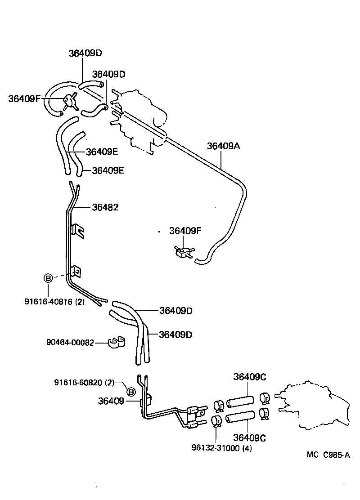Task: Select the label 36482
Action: (x=105, y=207)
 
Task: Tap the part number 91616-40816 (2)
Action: (x=54, y=302)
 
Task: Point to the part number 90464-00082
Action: (x=70, y=343)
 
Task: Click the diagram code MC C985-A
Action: (x=328, y=455)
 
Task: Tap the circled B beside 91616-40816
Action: (x=48, y=278)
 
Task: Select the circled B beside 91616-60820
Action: (x=130, y=392)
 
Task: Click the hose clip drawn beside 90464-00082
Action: (x=116, y=343)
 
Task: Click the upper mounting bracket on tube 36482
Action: (x=79, y=230)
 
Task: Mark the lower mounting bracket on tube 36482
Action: (x=76, y=271)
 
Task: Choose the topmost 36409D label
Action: (x=85, y=53)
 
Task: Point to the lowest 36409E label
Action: (x=108, y=170)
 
